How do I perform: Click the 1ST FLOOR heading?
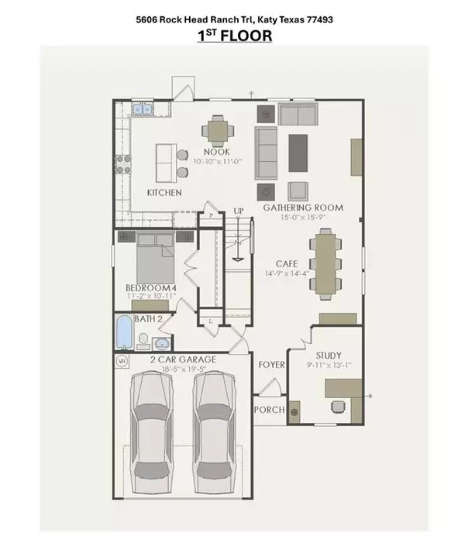tap(235, 36)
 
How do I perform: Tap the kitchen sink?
tap(143, 109)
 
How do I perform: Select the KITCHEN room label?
tap(164, 193)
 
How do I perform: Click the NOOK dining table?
tap(218, 131)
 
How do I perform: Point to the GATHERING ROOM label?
tap(303, 208)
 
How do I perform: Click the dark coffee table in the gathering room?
tap(298, 153)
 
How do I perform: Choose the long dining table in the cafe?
tap(325, 263)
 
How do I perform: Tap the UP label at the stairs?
tap(239, 211)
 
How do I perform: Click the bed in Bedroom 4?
tap(156, 257)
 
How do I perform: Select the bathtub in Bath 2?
tap(124, 332)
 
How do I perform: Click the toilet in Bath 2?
tap(143, 341)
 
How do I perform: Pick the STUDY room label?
tap(329, 356)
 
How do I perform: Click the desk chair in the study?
tap(338, 407)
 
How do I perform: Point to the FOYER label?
tap(271, 365)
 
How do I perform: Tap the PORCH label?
tap(270, 410)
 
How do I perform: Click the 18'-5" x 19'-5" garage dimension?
tap(184, 369)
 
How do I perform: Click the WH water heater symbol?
tap(122, 361)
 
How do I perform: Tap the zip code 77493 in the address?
tap(320, 19)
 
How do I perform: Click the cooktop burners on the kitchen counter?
tap(123, 164)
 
